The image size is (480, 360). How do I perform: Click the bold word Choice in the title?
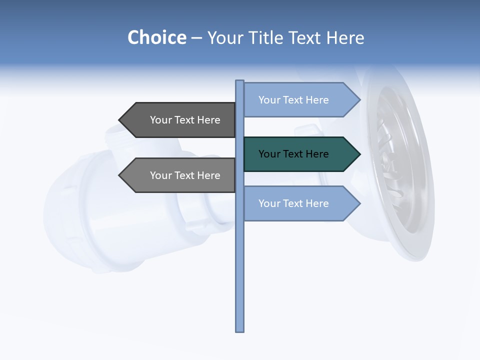click(156, 38)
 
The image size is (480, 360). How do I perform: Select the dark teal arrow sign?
click(300, 154)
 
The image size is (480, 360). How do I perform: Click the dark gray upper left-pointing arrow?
click(177, 120)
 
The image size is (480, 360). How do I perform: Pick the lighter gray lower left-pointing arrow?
click(177, 175)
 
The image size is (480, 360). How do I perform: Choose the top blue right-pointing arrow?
click(300, 100)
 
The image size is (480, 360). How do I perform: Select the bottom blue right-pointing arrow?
click(300, 203)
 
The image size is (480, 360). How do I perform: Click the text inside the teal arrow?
click(293, 154)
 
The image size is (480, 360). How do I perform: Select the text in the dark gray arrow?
click(185, 120)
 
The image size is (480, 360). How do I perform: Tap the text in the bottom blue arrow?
click(293, 203)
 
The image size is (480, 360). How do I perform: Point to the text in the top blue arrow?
click(293, 100)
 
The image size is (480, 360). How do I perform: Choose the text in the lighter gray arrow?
click(185, 175)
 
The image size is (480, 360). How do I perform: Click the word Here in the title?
click(345, 38)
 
